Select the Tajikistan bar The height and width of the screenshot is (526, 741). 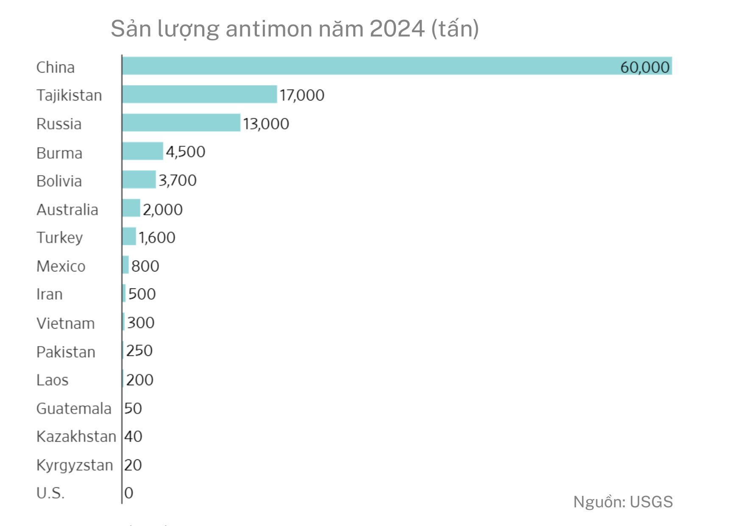coord(199,94)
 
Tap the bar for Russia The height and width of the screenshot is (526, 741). coord(181,123)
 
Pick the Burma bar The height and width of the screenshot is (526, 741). coord(142,151)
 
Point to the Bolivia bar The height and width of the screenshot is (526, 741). coord(139,180)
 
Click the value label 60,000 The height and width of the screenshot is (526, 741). coord(644,67)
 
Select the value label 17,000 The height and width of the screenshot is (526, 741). coord(302,95)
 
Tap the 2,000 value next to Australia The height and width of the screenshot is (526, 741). coord(162,209)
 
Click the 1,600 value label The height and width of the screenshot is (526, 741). coord(156,237)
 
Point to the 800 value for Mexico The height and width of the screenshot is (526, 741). coord(145,266)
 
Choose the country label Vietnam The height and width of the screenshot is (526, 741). coord(66,323)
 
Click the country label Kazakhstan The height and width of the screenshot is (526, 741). coord(76,436)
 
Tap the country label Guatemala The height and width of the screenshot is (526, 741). coord(74,408)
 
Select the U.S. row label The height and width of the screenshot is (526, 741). coord(50,493)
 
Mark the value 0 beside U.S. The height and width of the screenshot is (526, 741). coord(129,493)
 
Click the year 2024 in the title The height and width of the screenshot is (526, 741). coord(397,29)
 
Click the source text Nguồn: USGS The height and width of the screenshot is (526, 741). coord(623,502)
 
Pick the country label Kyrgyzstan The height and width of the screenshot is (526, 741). coord(75,465)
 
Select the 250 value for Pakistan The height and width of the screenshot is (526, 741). coord(139,351)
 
